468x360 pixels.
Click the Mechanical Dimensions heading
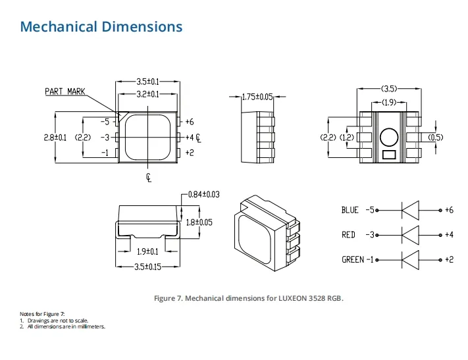tap(101, 27)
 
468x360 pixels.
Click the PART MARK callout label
tap(65, 91)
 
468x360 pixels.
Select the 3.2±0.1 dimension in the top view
tap(147, 94)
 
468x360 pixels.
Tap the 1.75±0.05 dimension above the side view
tap(257, 97)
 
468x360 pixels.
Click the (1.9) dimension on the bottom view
tap(388, 103)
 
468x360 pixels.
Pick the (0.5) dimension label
tap(436, 138)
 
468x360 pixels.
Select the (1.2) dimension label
tap(346, 138)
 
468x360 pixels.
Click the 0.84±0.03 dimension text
tap(203, 194)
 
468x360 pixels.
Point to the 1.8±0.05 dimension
tap(199, 222)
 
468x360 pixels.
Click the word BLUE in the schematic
tap(350, 211)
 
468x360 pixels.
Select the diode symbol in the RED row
tap(410, 235)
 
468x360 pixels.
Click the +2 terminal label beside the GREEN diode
tap(448, 259)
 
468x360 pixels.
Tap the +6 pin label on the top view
tap(190, 122)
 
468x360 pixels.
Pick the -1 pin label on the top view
tap(104, 153)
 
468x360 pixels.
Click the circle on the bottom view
tap(388, 136)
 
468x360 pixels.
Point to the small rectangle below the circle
tap(388, 155)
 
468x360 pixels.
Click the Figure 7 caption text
tap(249, 298)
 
